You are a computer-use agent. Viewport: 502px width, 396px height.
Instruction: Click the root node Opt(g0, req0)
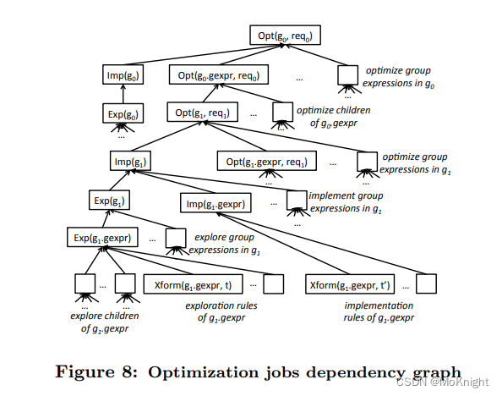286,36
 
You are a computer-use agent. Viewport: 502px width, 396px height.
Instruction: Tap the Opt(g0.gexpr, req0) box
217,75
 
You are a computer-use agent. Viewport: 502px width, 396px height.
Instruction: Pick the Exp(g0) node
123,113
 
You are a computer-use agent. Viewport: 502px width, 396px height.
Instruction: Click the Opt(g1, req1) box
202,113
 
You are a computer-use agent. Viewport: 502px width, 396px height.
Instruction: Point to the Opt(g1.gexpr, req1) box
265,161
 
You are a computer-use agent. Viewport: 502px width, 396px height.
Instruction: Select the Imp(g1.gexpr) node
215,203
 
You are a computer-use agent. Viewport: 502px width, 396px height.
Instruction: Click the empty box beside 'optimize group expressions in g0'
347,75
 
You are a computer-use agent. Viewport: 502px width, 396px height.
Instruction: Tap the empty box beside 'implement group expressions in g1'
297,200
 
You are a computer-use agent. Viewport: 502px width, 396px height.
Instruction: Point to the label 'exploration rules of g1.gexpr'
221,311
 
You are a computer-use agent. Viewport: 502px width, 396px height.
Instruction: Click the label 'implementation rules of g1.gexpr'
380,311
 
